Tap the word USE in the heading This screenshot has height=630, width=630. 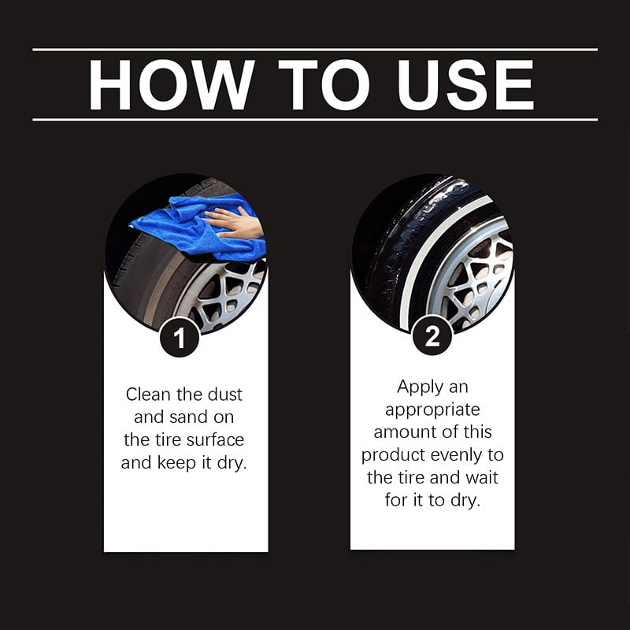(x=465, y=84)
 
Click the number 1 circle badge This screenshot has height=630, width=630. (x=180, y=338)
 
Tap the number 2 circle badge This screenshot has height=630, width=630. (x=432, y=338)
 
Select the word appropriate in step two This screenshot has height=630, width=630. (x=432, y=409)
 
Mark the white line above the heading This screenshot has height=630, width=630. (x=315, y=50)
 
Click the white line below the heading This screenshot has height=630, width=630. (x=315, y=120)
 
